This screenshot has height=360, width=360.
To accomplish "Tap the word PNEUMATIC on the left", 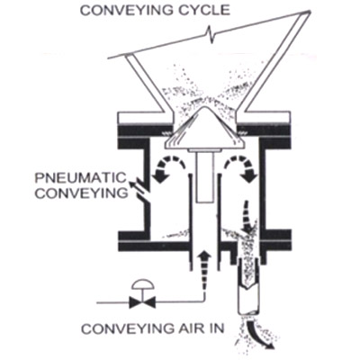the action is coord(80,178).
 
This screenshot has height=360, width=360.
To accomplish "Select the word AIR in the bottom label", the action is coord(188,328).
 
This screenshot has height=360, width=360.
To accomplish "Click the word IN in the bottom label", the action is coord(215,328).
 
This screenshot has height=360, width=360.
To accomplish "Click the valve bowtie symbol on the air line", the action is coord(142,302).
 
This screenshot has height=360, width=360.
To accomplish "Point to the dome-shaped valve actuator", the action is coord(142,284).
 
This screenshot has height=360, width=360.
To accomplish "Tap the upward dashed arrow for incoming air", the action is coord(205,270).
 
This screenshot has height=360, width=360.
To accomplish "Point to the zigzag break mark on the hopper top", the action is coord(211,33).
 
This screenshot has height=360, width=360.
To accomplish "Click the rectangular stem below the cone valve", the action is coord(205,176).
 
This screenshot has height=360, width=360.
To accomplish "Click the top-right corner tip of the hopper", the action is coord(310,11).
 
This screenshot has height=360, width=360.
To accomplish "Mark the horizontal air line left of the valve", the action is coord(112,302).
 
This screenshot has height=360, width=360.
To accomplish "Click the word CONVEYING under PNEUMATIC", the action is coord(82,193).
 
